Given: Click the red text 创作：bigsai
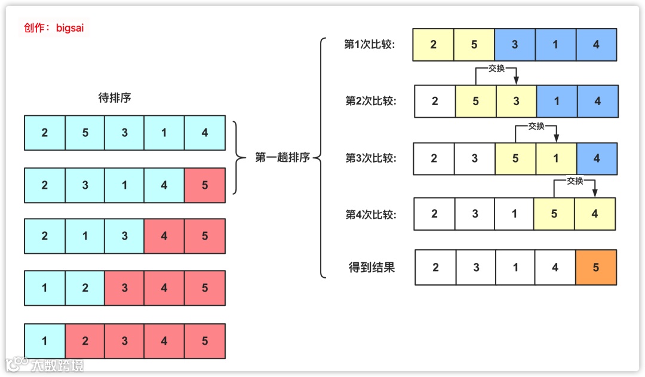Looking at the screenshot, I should point(54,28).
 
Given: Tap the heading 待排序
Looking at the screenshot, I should point(114,98).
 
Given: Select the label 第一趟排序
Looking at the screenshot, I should point(282,158).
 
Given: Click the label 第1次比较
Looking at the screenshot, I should point(370,45).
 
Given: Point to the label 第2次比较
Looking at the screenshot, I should point(371,101).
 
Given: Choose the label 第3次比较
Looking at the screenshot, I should point(371,158).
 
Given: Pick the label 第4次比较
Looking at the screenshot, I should point(371,214).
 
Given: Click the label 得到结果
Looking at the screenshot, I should point(371,267).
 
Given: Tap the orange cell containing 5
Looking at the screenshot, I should point(595,268).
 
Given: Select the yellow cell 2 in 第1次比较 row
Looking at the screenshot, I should point(433,45).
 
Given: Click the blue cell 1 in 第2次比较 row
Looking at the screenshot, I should point(557,101).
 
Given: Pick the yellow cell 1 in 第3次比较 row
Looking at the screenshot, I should point(555,158).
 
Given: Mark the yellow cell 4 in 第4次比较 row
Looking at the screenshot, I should point(594,214).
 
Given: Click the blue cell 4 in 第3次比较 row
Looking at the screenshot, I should point(597,158).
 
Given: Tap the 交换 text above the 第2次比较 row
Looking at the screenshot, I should point(496,68).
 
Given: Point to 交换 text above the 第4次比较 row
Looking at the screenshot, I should point(575,181).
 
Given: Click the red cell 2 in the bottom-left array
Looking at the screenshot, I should point(85,341).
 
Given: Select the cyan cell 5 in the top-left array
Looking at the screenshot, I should point(85,133).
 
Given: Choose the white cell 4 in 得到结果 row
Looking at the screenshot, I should point(555,268).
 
